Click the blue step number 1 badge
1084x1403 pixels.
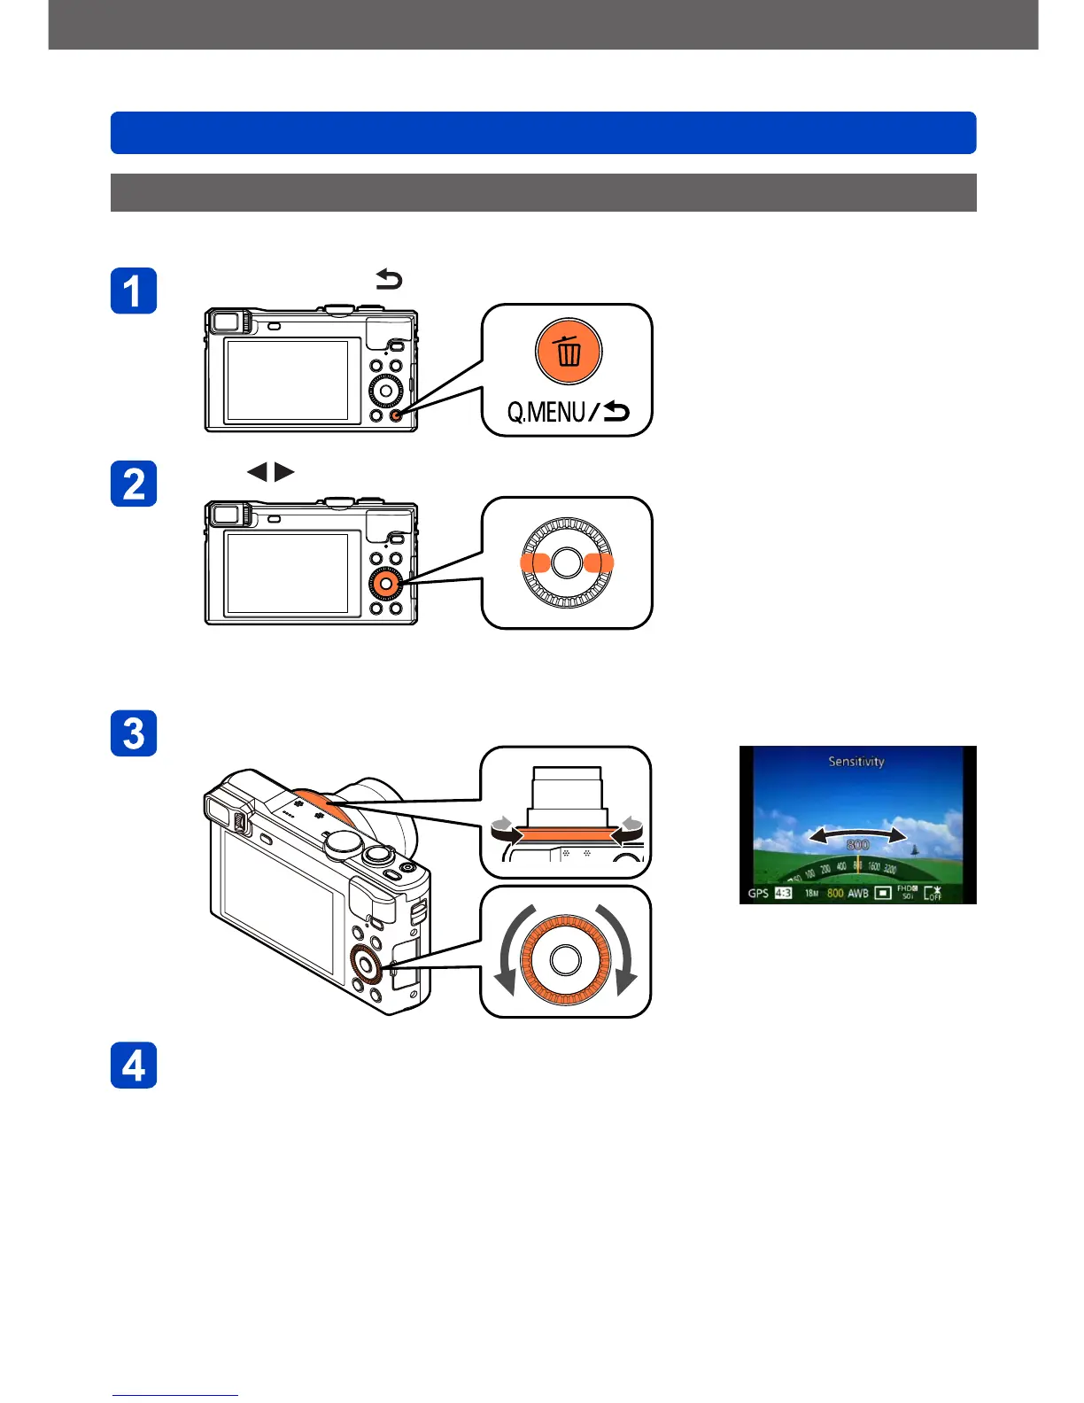[x=134, y=291]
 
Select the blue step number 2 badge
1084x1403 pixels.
[x=134, y=484]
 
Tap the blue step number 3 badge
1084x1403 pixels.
[x=134, y=733]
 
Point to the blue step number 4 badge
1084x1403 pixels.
[x=134, y=1065]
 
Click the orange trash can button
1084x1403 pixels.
[x=569, y=352]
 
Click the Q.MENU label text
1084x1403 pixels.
[x=546, y=412]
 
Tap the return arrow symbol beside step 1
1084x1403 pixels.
[x=389, y=280]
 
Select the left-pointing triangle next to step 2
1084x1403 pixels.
[x=258, y=472]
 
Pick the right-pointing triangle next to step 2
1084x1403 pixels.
[x=284, y=472]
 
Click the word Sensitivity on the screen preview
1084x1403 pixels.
[x=856, y=761]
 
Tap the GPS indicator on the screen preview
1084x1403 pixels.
[x=758, y=893]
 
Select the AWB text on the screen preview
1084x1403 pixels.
[x=858, y=893]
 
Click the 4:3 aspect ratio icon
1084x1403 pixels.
[x=784, y=893]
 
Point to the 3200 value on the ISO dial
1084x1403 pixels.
[x=889, y=868]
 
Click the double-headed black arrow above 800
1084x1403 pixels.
[x=857, y=834]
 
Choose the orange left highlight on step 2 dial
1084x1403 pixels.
[x=535, y=562]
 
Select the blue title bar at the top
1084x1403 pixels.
[x=543, y=133]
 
